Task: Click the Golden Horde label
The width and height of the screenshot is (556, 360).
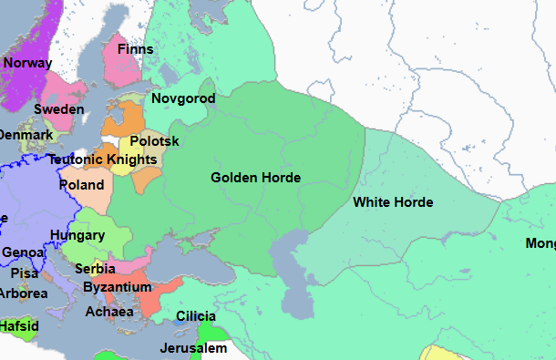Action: (255, 178)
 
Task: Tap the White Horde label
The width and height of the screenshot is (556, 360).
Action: (393, 201)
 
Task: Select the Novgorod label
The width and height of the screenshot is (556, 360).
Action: (183, 98)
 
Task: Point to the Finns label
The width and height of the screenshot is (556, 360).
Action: (135, 48)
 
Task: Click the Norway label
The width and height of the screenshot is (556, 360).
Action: (28, 63)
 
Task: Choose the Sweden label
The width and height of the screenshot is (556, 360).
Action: (59, 109)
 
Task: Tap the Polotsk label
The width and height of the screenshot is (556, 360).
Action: (155, 141)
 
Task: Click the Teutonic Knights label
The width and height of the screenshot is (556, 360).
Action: (103, 159)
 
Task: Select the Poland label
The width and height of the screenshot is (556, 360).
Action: (81, 184)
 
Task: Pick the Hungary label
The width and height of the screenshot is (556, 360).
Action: (77, 235)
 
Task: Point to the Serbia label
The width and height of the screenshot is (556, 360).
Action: (95, 269)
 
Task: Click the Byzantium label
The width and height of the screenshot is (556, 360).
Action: (117, 287)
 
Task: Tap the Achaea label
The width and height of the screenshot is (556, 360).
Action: (109, 312)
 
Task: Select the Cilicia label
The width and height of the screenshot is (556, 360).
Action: (197, 315)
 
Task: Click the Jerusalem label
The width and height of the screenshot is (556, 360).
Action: (192, 348)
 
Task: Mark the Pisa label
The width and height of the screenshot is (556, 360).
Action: (24, 273)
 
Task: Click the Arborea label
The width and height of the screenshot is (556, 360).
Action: (23, 293)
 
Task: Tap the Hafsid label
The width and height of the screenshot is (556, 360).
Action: (18, 324)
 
